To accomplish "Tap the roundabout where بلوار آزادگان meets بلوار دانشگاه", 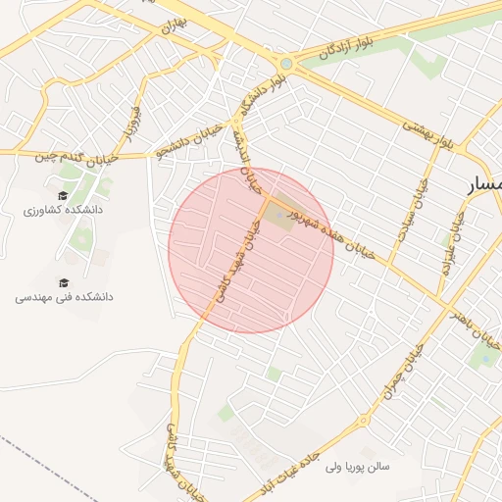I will pyautogui.click(x=285, y=64).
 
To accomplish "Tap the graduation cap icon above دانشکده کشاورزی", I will pyautogui.click(x=64, y=196).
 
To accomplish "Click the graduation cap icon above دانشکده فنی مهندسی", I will pyautogui.click(x=64, y=281).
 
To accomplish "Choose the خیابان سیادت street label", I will pyautogui.click(x=414, y=211).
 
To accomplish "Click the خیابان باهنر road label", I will pyautogui.click(x=476, y=329).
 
